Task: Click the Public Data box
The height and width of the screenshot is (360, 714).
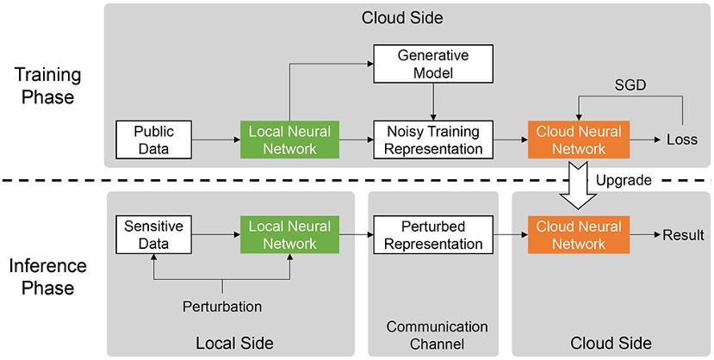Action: (153, 140)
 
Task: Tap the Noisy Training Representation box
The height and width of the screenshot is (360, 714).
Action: (432, 140)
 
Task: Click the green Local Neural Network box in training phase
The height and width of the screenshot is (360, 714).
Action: (290, 140)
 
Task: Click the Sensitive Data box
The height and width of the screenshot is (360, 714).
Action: (153, 235)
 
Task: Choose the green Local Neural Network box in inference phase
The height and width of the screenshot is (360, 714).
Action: (290, 235)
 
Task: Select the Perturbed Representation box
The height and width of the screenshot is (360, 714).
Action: (432, 235)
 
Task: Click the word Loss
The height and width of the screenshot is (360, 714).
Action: (682, 140)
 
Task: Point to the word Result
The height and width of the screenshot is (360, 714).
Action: (683, 234)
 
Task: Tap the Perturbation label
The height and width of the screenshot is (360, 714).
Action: (223, 306)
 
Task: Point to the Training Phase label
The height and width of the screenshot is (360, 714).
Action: (45, 86)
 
